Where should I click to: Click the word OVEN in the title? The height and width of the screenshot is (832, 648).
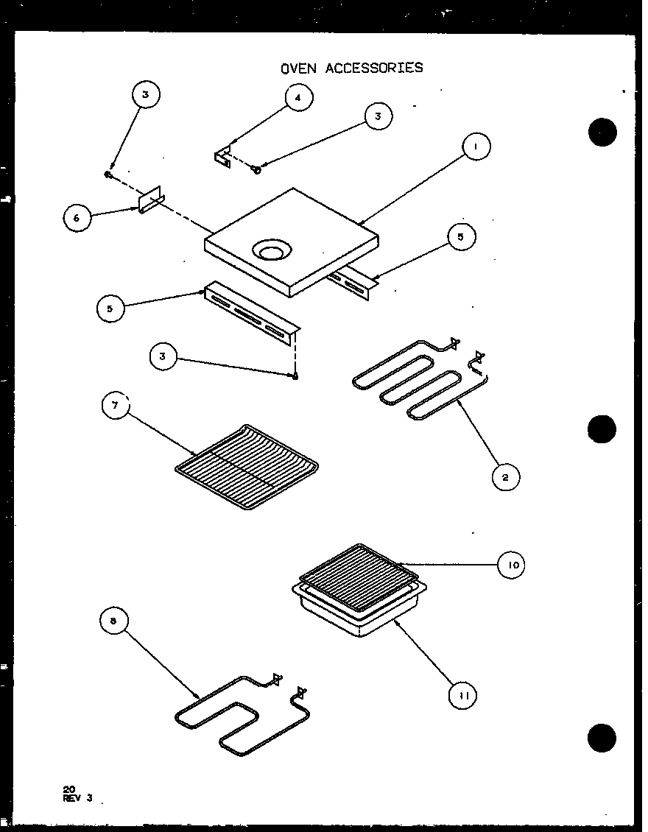pos(297,68)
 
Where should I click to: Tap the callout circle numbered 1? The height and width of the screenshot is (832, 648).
pos(476,147)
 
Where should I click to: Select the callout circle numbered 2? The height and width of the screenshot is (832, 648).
pos(505,476)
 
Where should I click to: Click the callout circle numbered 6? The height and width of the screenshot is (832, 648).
pos(77,219)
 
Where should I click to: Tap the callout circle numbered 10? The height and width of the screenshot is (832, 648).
pos(512,565)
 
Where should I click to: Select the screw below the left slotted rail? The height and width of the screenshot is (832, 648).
pos(294,376)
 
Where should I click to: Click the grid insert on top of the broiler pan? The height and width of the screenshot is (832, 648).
pos(357,578)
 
